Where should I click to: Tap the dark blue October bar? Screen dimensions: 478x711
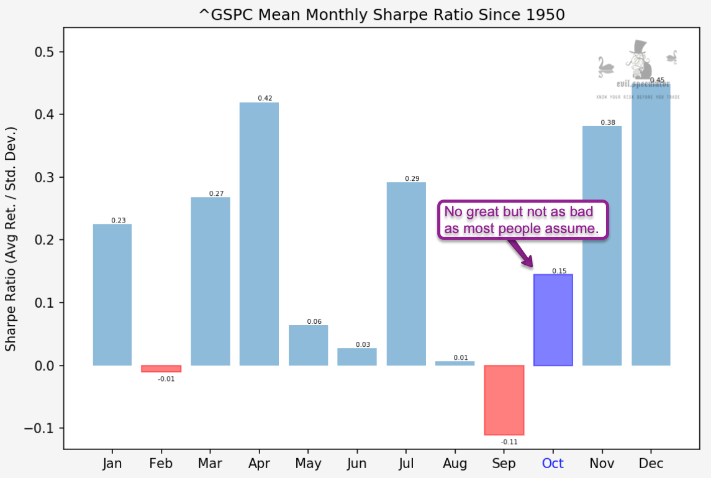click(x=553, y=319)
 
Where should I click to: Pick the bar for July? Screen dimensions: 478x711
click(x=406, y=273)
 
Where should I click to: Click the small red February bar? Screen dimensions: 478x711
click(x=161, y=369)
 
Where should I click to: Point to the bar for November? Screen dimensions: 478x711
click(x=602, y=246)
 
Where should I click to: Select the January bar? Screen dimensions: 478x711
click(x=112, y=295)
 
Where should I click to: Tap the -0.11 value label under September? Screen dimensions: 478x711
click(x=509, y=441)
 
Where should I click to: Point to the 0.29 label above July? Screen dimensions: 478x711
click(x=412, y=178)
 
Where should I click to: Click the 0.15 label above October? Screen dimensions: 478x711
click(x=558, y=270)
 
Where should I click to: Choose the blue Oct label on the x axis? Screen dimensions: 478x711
click(x=553, y=464)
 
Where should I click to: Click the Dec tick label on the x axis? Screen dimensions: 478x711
click(x=651, y=464)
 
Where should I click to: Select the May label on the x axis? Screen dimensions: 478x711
click(x=308, y=464)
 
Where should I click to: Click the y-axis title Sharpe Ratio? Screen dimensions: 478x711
click(x=11, y=239)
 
